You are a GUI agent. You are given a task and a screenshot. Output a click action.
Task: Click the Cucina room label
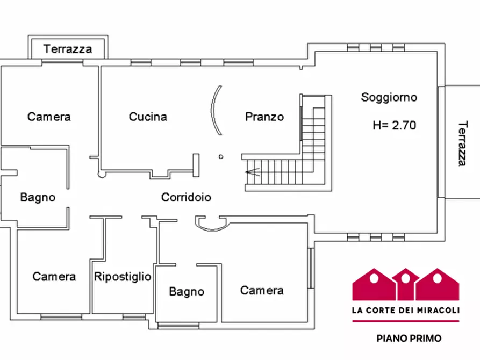[148, 117]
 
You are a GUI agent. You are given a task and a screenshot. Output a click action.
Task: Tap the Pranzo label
[264, 117]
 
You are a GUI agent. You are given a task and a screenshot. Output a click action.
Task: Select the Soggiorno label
[389, 97]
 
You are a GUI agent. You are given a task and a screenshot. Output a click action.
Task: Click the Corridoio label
[186, 198]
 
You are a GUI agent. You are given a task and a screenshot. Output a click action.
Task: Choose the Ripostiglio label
[123, 277]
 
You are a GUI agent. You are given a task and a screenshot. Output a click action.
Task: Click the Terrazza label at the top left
[68, 49]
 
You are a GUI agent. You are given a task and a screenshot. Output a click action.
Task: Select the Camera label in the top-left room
[49, 117]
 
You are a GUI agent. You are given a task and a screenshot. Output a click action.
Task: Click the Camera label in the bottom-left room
[54, 277]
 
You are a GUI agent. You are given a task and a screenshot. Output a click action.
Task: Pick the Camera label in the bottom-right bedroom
[262, 291]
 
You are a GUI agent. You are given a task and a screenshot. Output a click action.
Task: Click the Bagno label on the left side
[38, 197]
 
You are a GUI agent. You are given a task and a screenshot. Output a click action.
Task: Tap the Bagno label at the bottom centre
[187, 292]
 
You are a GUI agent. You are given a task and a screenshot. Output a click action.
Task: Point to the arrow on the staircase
[252, 172]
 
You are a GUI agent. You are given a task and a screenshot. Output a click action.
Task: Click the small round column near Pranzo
[221, 157]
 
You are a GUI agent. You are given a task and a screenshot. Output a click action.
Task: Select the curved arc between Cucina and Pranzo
[214, 111]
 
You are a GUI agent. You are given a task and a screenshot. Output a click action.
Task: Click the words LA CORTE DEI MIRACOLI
[405, 310]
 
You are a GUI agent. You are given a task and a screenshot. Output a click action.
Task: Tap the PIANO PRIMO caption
[409, 338]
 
